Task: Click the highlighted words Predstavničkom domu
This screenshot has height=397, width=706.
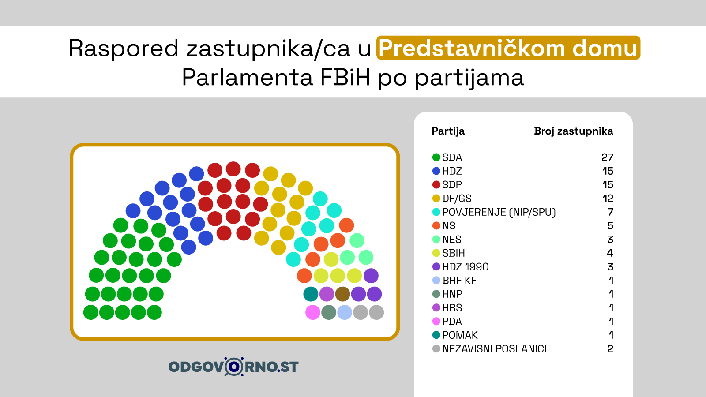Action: click(508, 48)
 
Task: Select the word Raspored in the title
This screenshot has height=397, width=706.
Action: click(124, 49)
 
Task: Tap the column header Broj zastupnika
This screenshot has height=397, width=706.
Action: click(574, 131)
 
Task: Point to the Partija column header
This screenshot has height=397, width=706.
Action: click(448, 131)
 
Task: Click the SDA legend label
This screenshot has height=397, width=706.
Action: click(452, 157)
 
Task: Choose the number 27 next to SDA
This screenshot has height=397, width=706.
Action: click(607, 157)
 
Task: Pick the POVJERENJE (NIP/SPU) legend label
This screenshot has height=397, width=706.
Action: click(499, 212)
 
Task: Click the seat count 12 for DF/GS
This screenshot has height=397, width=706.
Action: click(608, 198)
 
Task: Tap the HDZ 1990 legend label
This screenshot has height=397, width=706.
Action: click(465, 267)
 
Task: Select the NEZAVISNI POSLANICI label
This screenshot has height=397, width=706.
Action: click(494, 349)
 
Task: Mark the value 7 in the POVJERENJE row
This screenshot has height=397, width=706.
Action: click(611, 212)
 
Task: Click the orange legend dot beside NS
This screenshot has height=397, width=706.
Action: click(436, 225)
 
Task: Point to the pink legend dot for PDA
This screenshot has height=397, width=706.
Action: click(436, 322)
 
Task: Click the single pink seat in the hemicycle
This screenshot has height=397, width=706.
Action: click(313, 312)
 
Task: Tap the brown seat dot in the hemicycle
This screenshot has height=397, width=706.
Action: click(342, 294)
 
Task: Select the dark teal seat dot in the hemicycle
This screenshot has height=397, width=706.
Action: click(311, 294)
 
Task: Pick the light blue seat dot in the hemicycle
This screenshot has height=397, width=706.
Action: click(345, 312)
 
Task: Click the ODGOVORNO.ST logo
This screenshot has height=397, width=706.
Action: click(233, 367)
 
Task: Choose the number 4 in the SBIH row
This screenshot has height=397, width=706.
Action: click(610, 253)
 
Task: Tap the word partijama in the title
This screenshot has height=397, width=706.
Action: click(469, 78)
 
